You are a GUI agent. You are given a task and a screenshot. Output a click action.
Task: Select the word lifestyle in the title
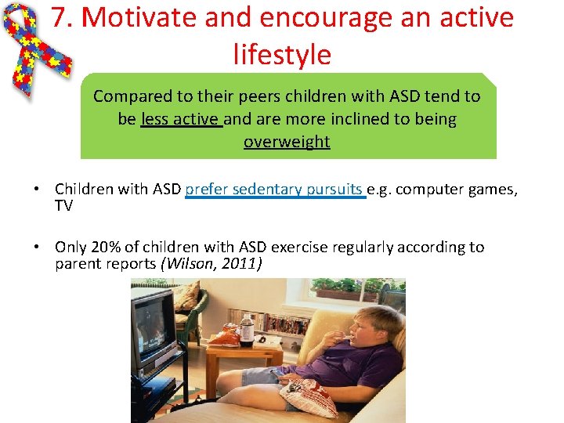coord(282,54)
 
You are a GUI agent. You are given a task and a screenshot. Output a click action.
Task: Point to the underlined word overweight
coord(287,142)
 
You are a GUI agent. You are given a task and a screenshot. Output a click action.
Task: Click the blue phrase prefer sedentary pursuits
coord(275,189)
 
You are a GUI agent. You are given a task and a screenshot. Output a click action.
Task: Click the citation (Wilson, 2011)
coord(211,264)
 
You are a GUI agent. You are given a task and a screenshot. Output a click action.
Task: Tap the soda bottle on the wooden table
coord(247,330)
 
